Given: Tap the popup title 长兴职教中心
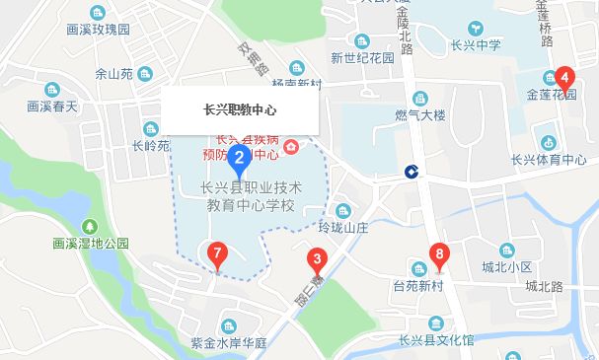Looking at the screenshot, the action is click(x=240, y=109).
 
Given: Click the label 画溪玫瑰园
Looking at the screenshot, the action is click(x=99, y=30).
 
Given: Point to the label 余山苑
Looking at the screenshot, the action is click(x=112, y=73).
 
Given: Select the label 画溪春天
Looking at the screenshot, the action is click(x=51, y=105).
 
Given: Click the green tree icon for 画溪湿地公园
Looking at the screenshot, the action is click(x=91, y=225).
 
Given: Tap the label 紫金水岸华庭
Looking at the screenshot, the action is click(x=229, y=343).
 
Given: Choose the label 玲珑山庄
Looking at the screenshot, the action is click(x=341, y=226).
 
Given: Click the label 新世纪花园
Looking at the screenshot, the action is click(x=362, y=57).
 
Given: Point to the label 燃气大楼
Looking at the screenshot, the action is click(x=419, y=115).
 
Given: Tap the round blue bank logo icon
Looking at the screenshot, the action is click(x=410, y=173).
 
